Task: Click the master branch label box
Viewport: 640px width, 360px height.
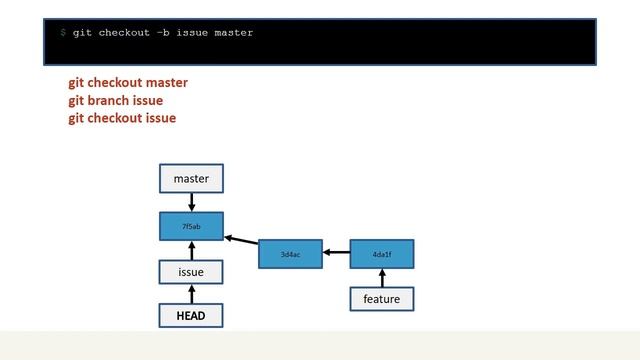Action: (x=191, y=179)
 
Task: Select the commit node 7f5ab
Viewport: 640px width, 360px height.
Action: (x=191, y=226)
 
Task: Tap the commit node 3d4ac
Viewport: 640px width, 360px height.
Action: (x=290, y=254)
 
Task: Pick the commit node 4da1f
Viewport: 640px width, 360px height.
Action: (x=382, y=254)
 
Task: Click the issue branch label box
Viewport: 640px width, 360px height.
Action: (x=191, y=272)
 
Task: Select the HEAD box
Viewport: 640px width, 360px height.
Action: (x=191, y=316)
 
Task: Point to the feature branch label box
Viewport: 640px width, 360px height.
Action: (x=382, y=299)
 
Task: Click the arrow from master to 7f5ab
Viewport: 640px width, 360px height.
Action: (x=191, y=202)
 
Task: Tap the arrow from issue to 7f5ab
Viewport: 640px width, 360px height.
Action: (x=191, y=250)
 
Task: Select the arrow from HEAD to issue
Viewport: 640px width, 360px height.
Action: (x=191, y=294)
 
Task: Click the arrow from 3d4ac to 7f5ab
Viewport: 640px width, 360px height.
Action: (x=241, y=240)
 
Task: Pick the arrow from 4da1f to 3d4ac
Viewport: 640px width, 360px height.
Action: (x=336, y=254)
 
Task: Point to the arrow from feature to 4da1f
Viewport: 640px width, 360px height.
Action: (x=382, y=278)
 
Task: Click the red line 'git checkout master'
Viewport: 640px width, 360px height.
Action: (x=128, y=83)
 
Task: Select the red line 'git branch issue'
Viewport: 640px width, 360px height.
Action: (x=115, y=101)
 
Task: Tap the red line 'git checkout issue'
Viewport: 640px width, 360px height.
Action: (x=122, y=118)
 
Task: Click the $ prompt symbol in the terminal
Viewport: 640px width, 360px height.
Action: (x=62, y=33)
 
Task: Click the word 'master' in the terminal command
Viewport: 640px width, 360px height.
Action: (x=233, y=33)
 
